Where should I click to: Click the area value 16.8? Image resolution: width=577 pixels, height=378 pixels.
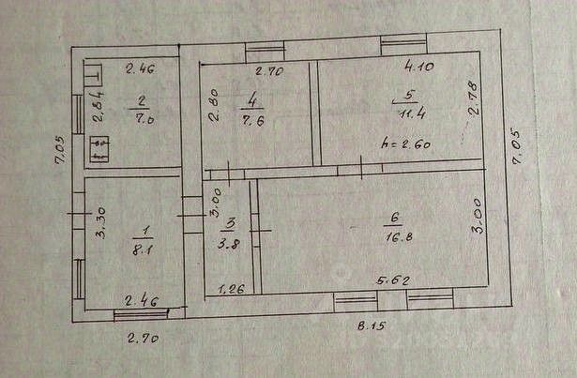[x=390, y=237]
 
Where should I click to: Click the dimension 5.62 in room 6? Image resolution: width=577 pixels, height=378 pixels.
[x=392, y=280]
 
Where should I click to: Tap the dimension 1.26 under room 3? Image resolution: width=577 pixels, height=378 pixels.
[x=231, y=290]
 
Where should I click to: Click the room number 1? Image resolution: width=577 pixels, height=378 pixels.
[x=138, y=231]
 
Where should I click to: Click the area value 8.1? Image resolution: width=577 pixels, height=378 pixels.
[x=138, y=250]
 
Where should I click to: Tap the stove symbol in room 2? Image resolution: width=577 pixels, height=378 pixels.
[x=99, y=149]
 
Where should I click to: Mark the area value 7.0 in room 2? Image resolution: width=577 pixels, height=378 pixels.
[x=140, y=119]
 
